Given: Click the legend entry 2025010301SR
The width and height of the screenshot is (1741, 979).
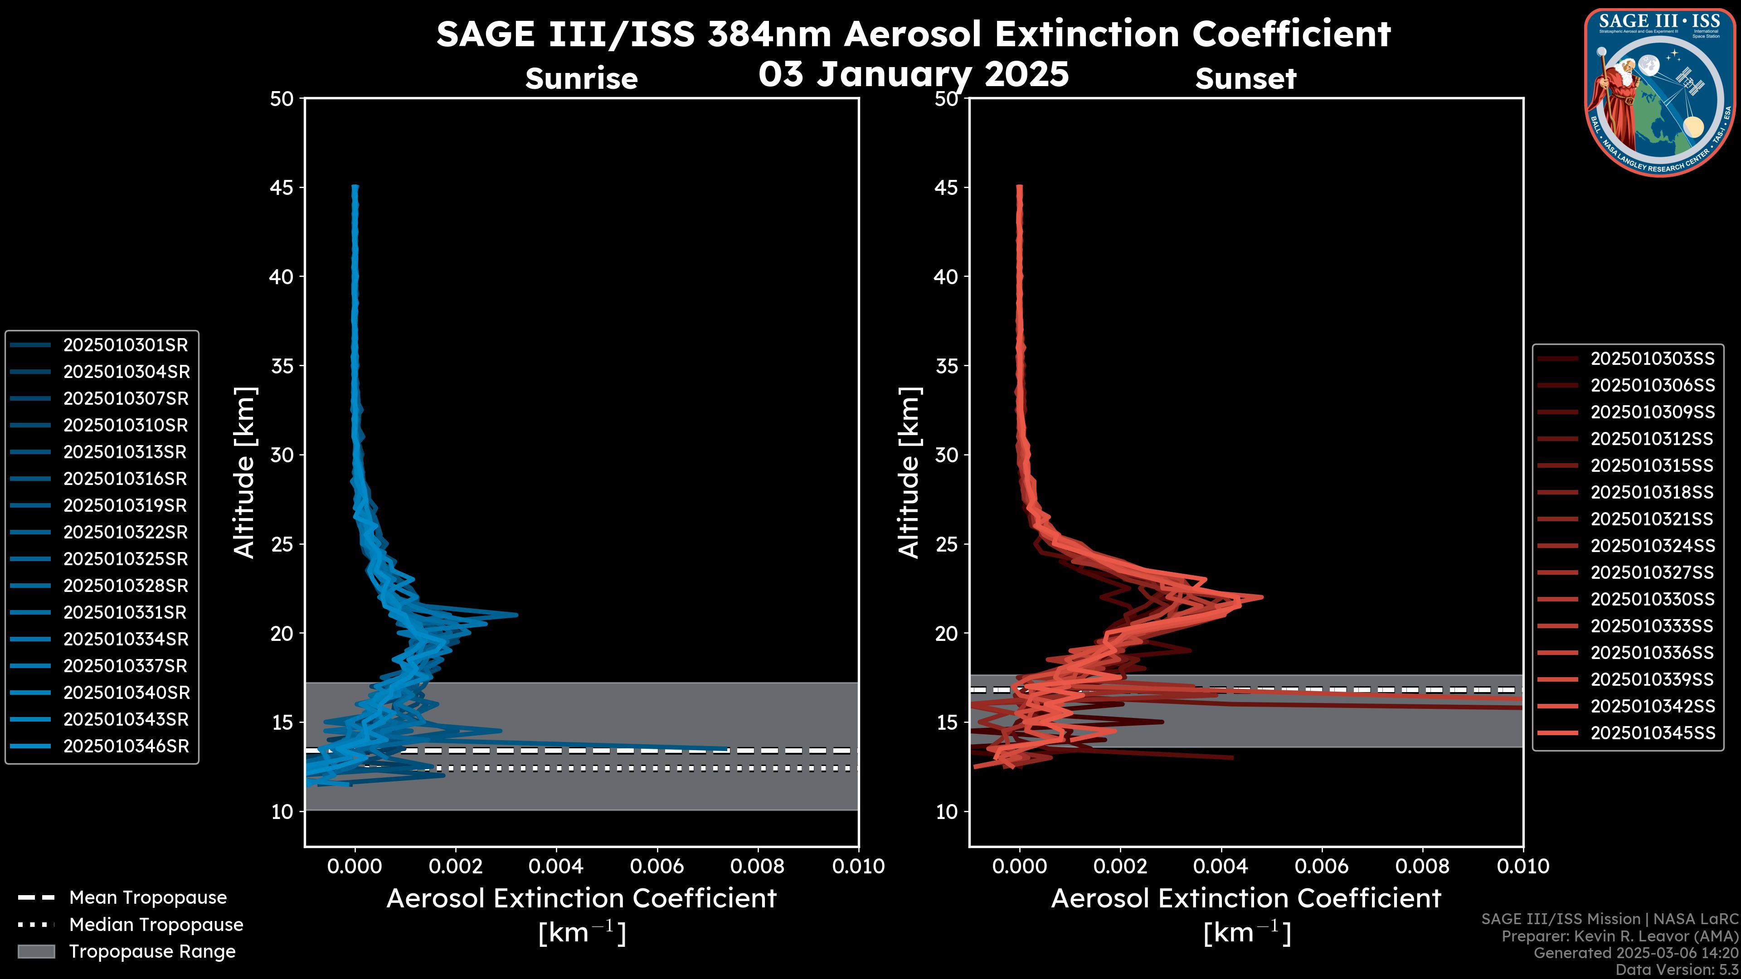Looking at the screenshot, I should click(125, 345).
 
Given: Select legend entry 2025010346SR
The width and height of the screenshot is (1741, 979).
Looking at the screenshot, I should click(126, 746).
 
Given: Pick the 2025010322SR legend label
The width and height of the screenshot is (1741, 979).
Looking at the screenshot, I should click(126, 533).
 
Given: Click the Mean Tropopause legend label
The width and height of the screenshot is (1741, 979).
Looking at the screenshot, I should click(148, 897).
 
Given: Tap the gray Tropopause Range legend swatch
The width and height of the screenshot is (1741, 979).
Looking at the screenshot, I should click(36, 951).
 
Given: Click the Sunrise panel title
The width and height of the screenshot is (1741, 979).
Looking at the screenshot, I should click(581, 79).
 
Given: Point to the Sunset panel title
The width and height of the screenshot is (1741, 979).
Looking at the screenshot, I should click(1245, 79).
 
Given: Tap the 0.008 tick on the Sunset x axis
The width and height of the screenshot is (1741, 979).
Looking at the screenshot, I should click(1423, 866).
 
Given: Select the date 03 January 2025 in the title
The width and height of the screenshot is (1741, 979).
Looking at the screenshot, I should click(913, 74).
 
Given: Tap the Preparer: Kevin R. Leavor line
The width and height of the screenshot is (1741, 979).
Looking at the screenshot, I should click(1619, 936).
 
